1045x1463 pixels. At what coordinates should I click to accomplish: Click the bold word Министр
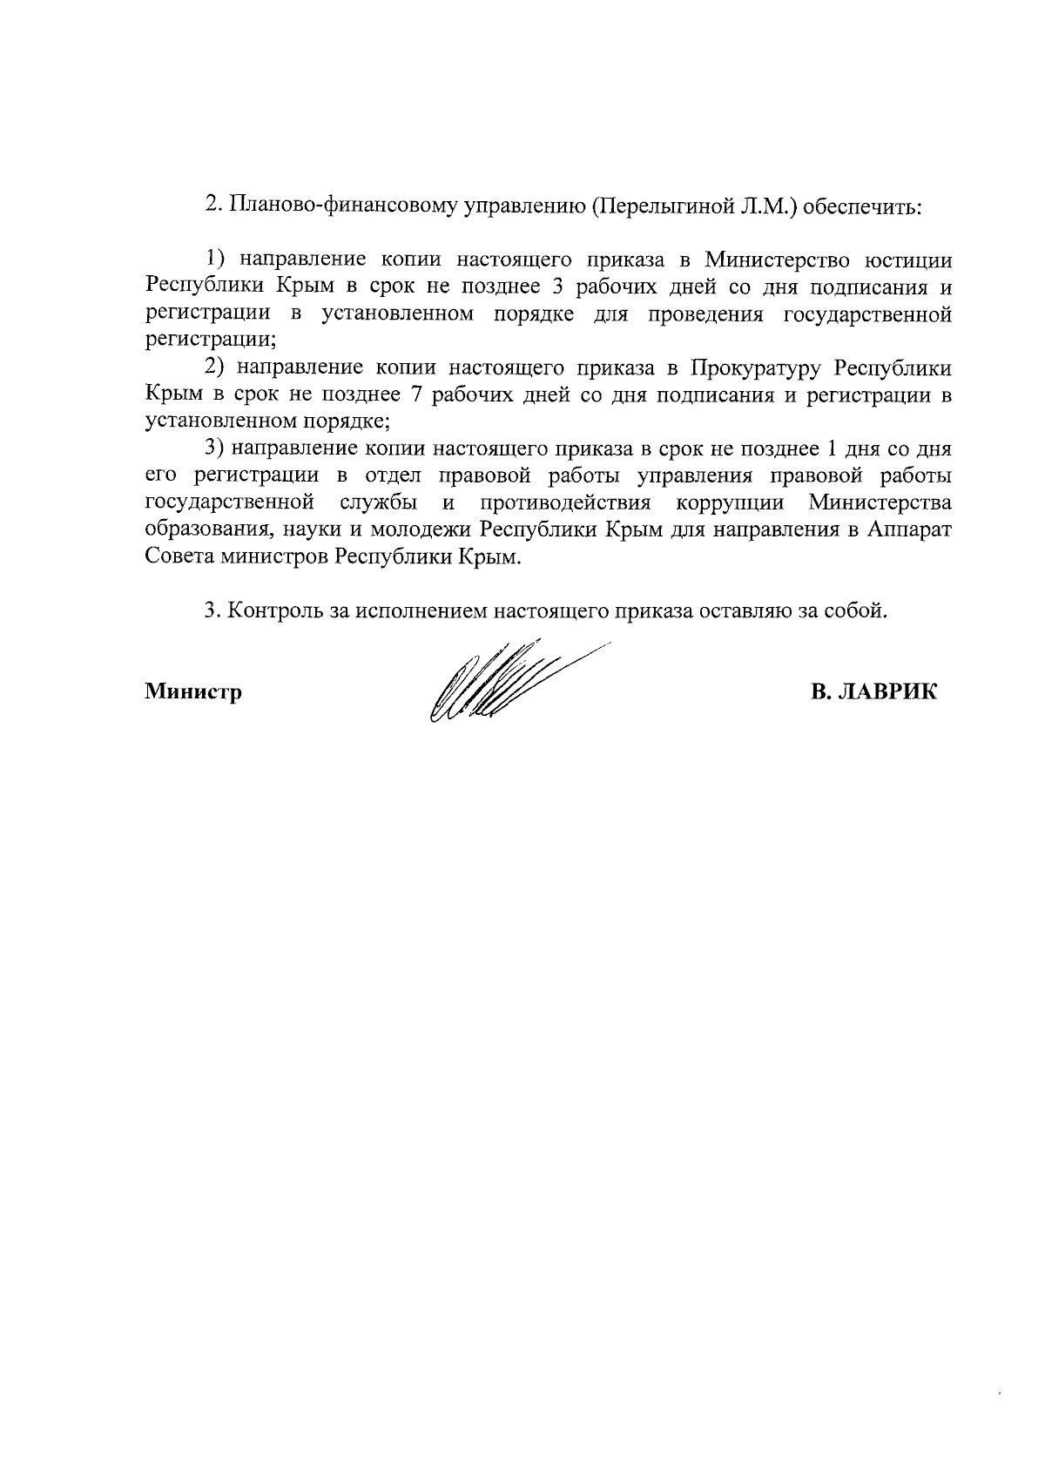[192, 693]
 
